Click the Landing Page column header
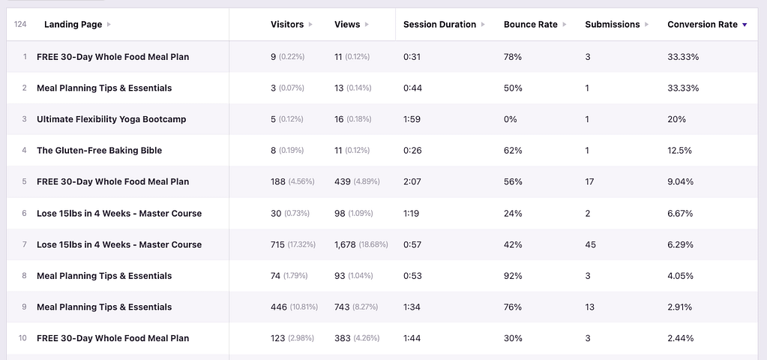(73, 25)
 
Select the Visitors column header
(287, 25)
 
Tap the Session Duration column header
(439, 25)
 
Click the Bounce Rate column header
(531, 25)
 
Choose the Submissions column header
(613, 25)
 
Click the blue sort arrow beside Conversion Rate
(745, 25)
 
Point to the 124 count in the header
(21, 25)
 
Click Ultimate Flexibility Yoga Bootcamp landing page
(111, 119)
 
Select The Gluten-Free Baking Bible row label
(99, 151)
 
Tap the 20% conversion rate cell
(676, 119)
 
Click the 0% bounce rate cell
(511, 119)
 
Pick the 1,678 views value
(347, 244)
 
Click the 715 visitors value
(278, 244)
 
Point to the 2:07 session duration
(412, 181)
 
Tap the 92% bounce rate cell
(514, 276)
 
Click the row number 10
(22, 338)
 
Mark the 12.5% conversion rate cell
(679, 151)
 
